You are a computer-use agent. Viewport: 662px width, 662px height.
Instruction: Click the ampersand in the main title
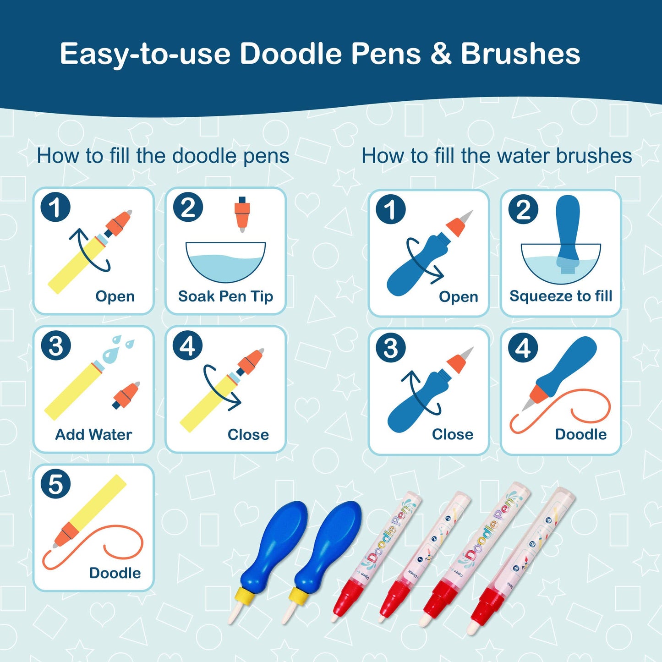[440, 54]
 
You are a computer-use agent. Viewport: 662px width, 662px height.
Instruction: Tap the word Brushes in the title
[520, 54]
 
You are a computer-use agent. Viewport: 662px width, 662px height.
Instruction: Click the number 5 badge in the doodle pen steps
[55, 484]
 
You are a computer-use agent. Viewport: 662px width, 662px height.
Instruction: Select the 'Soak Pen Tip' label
[226, 296]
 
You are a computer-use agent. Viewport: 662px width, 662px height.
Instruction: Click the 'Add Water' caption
[93, 435]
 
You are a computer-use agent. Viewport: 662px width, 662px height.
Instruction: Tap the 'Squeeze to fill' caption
[561, 296]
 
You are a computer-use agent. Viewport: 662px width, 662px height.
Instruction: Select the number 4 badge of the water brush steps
[524, 349]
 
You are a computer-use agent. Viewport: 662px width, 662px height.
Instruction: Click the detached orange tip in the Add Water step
[126, 395]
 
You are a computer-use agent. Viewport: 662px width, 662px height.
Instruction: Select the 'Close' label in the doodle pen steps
[248, 435]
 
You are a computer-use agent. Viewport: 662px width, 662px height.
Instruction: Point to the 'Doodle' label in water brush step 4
[580, 435]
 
